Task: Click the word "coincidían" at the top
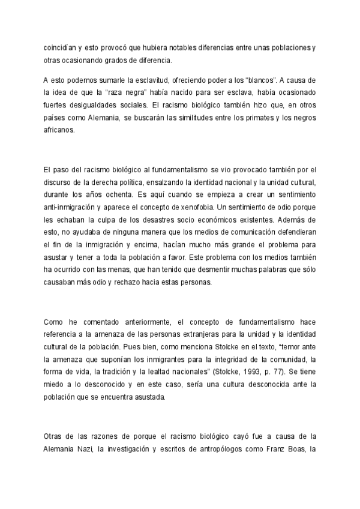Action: coord(59,47)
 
